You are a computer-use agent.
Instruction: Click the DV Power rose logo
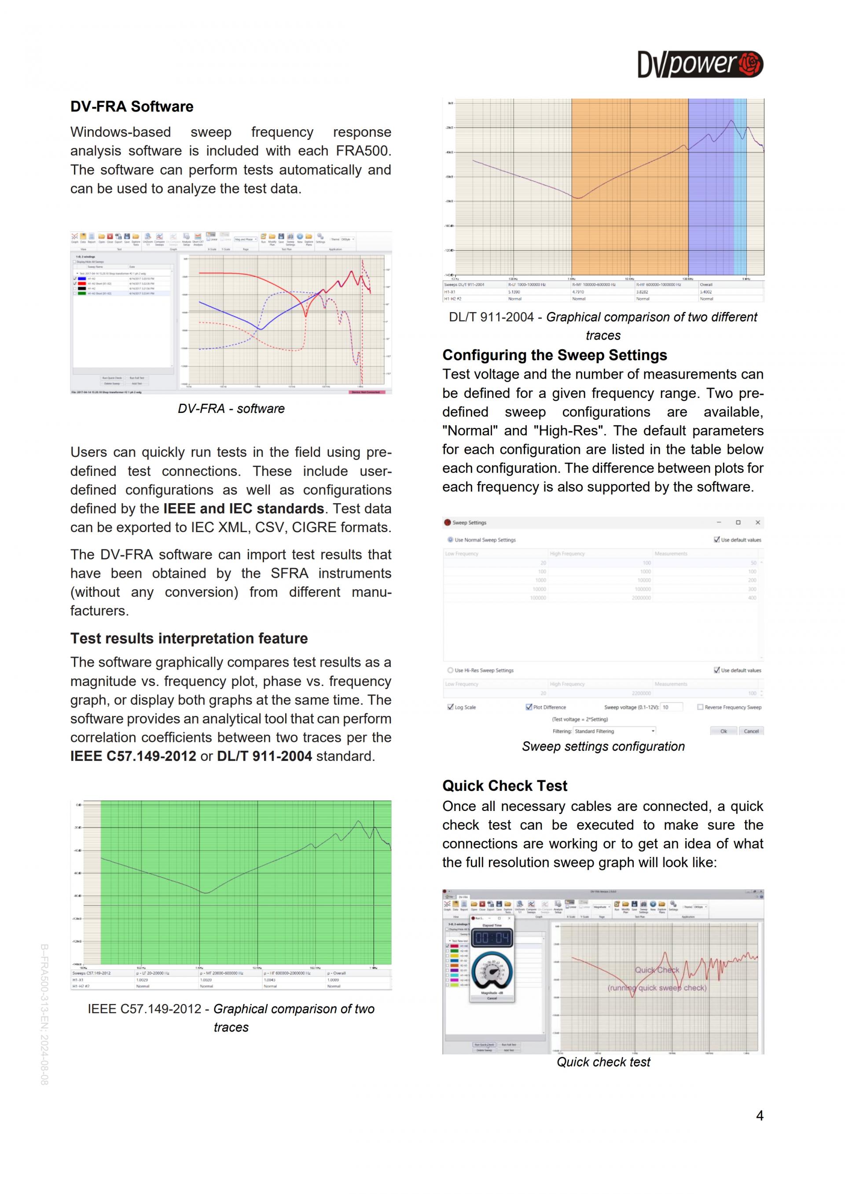click(750, 64)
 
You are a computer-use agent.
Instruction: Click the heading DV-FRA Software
click(132, 106)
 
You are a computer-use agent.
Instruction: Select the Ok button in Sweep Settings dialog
click(723, 731)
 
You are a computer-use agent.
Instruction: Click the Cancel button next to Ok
click(751, 731)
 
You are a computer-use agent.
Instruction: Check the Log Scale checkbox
click(451, 707)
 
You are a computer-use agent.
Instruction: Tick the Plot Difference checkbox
click(529, 707)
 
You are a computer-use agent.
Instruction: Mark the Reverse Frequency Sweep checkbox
click(700, 707)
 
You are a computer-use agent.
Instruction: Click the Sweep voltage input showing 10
click(671, 707)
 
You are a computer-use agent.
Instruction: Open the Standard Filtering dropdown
click(614, 731)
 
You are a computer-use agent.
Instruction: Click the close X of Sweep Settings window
click(757, 522)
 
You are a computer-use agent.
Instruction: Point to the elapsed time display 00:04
click(492, 938)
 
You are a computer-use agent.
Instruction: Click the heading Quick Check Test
click(504, 786)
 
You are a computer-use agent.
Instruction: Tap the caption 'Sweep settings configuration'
click(603, 747)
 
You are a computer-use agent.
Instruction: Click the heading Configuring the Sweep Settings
click(554, 355)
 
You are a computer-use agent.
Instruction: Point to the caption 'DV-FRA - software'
click(231, 409)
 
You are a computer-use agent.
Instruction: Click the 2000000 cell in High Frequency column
click(641, 598)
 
